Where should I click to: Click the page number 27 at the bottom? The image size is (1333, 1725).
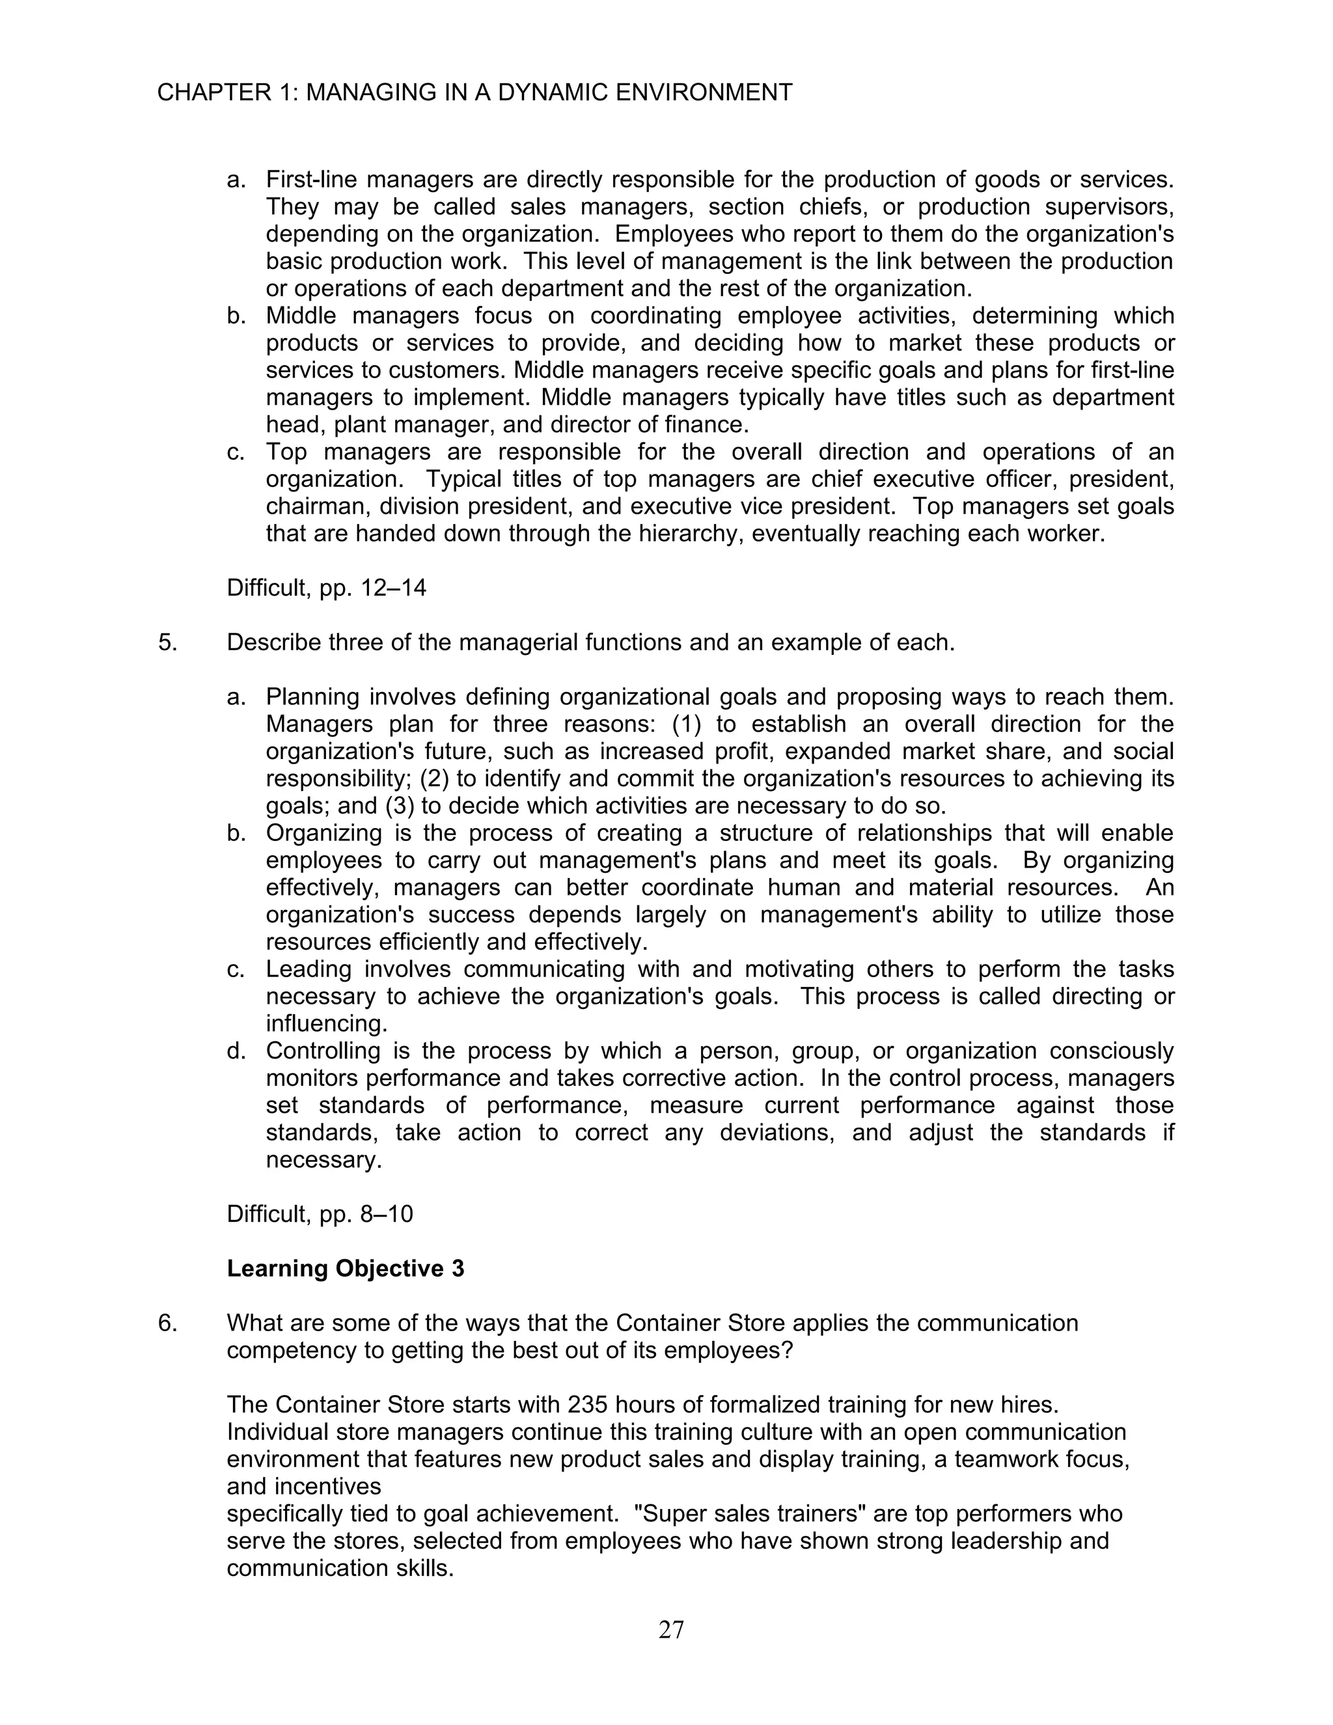pos(670,1629)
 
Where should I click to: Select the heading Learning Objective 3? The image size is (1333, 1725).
pos(345,1269)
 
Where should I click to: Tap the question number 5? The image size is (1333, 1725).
pos(167,642)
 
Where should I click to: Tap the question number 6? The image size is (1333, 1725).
pos(167,1323)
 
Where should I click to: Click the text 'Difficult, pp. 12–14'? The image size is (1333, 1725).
pos(326,588)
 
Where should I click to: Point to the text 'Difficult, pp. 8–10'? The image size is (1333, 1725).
pos(320,1214)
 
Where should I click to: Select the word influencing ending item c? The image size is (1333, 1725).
pos(326,1024)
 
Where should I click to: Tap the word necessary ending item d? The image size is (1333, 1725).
pos(323,1160)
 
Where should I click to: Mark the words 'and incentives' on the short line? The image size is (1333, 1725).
pos(303,1487)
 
